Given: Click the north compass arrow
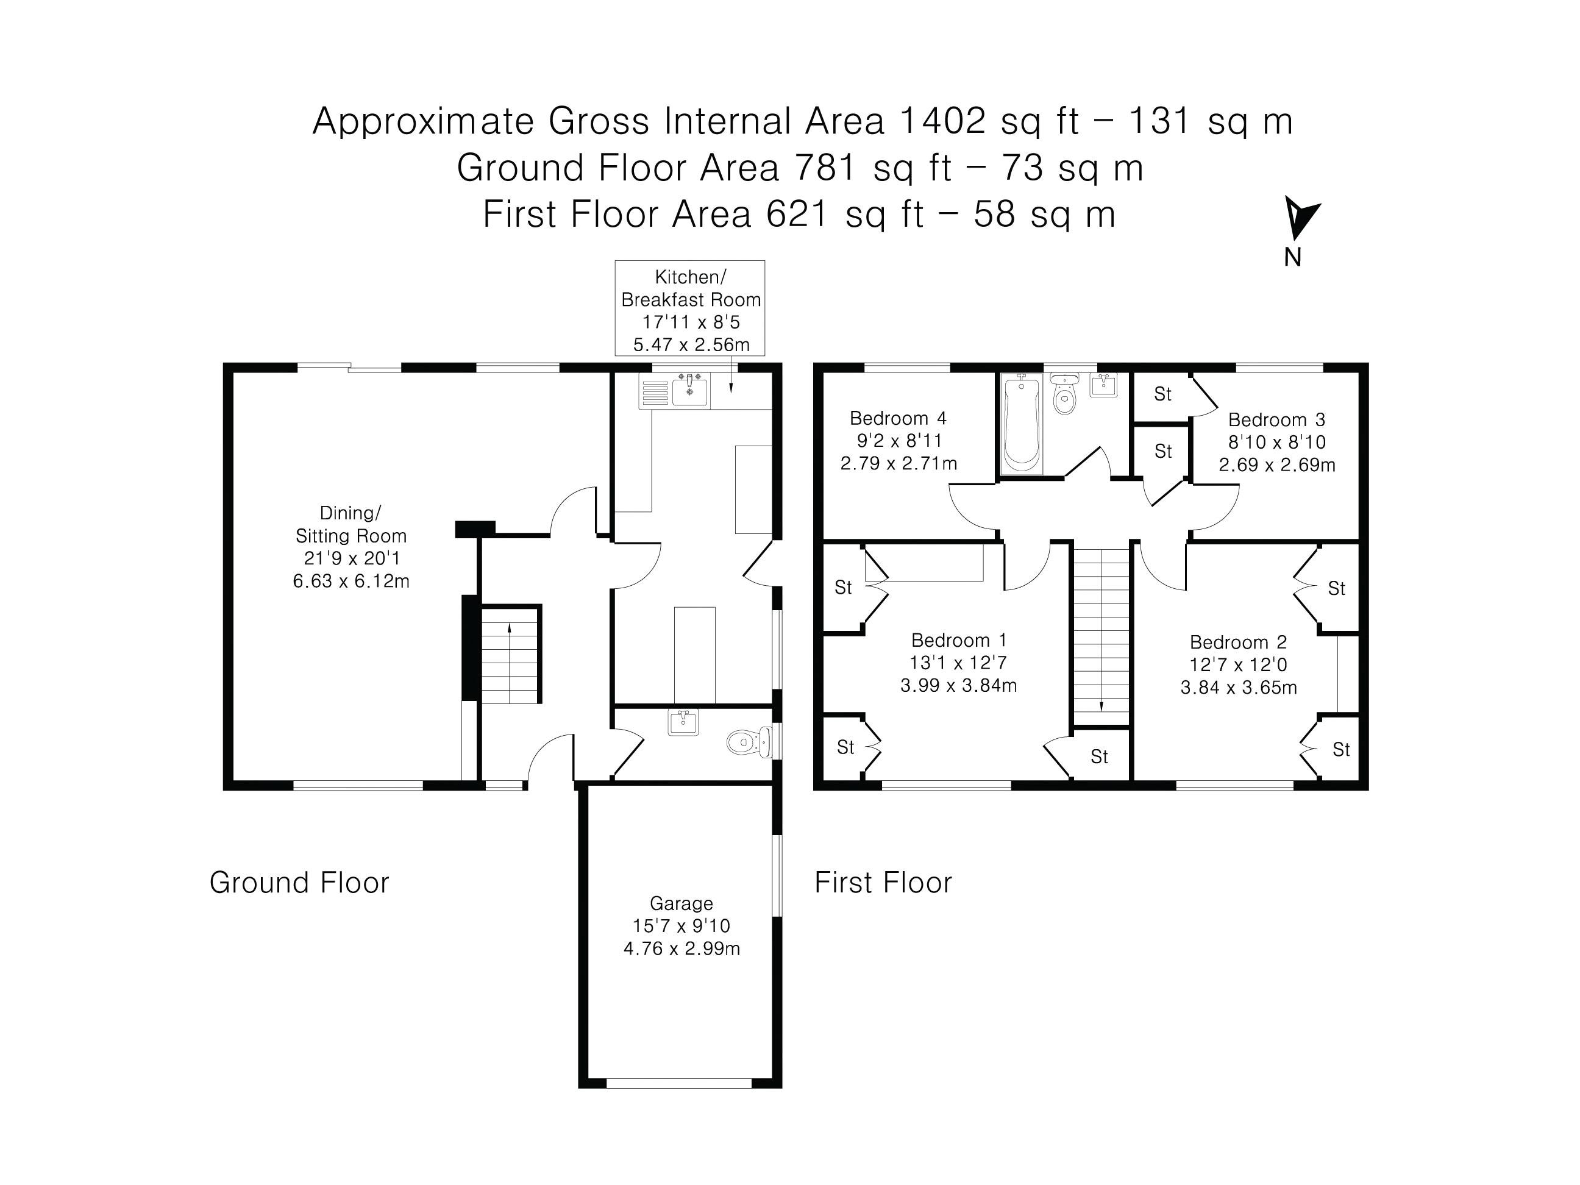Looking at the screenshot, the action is (x=1300, y=218).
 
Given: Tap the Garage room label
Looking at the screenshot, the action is (x=681, y=903).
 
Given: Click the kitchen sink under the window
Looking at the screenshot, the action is (x=690, y=391).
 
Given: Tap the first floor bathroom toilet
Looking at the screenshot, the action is (x=1064, y=394).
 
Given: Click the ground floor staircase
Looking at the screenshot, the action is (x=510, y=653).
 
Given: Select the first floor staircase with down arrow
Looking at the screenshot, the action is (x=1101, y=636).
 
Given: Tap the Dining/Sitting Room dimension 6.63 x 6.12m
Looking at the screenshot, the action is (x=351, y=581).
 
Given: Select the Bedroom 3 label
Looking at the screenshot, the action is (x=1276, y=419).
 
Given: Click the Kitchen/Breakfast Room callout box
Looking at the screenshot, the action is (x=690, y=308).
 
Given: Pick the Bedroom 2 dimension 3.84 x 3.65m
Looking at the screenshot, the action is (x=1239, y=687).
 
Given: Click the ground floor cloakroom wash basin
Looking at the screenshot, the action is (x=683, y=722).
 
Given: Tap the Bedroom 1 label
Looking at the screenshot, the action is (x=959, y=640).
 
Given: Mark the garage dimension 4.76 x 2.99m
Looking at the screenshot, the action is (x=681, y=948).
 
